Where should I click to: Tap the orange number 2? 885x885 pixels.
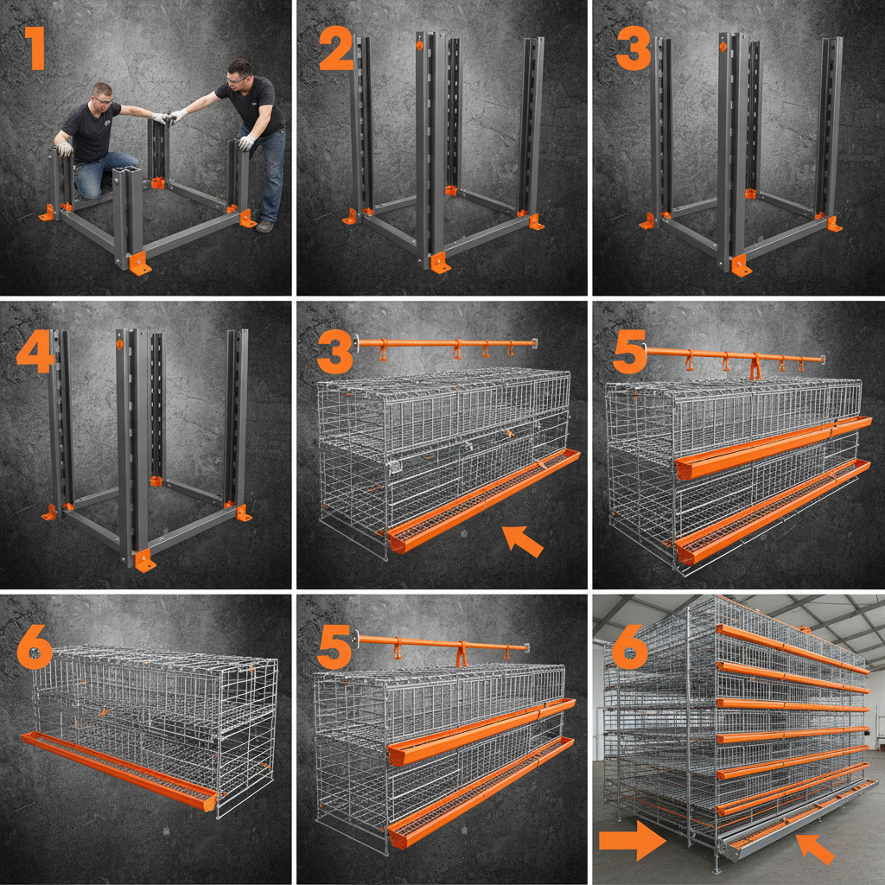336,48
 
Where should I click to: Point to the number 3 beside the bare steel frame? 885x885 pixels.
634,48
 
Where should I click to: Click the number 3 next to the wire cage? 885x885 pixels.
334,351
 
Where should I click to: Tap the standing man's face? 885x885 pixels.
239,75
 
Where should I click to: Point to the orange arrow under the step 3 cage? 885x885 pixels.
524,540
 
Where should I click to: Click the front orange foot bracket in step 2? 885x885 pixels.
439,263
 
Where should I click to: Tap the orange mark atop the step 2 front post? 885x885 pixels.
420,45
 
